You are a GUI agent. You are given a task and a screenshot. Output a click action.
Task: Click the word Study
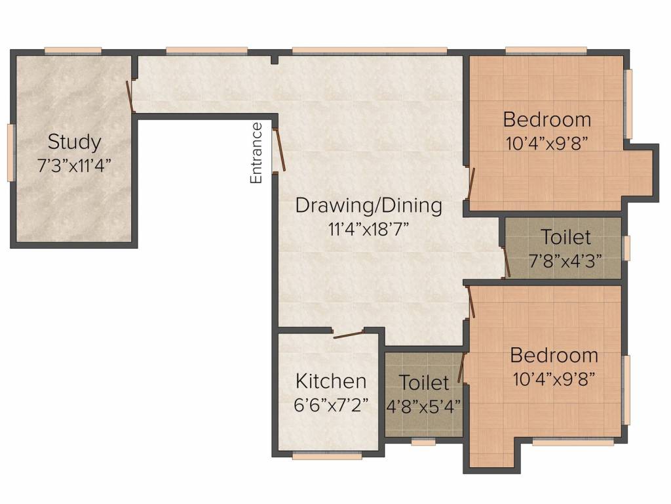[x=75, y=142]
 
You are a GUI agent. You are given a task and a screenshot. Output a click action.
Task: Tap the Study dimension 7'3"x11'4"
[x=75, y=166]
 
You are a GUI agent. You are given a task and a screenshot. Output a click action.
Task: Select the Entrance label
[x=256, y=153]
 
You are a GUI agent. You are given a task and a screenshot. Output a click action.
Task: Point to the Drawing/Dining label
[x=369, y=205]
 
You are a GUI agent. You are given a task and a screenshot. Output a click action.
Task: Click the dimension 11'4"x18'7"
[x=369, y=229]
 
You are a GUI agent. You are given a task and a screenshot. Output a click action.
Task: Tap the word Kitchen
[x=331, y=381]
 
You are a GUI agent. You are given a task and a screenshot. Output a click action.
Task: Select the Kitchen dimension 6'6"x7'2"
[x=331, y=404]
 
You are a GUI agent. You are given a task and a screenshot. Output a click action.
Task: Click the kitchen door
[x=349, y=335]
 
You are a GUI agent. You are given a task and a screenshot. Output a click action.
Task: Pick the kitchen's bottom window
[x=328, y=457]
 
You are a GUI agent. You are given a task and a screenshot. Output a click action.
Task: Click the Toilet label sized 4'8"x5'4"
[x=424, y=383]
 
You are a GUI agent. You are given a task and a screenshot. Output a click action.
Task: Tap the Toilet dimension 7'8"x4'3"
[x=566, y=261]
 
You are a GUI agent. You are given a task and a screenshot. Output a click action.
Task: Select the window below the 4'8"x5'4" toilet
[x=423, y=442]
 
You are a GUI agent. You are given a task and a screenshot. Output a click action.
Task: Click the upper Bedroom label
[x=547, y=119]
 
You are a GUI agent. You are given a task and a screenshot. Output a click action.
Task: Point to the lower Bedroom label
[x=554, y=355]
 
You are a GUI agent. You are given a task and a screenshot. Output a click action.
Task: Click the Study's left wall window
[x=10, y=152]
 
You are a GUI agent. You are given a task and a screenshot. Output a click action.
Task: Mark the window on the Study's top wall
[x=73, y=51]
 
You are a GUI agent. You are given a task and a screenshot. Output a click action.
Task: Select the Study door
[x=130, y=96]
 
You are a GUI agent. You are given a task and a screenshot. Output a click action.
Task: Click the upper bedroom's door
[x=472, y=184]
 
